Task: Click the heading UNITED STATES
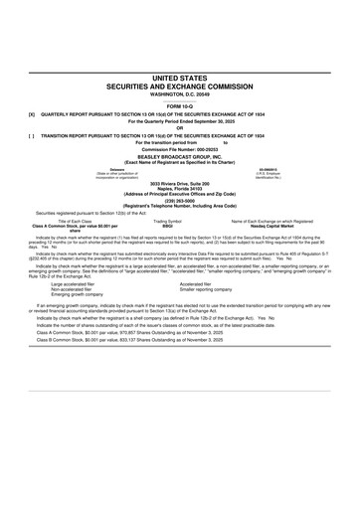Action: point(180,77)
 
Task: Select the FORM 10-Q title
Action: point(180,104)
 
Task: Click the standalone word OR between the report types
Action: point(180,125)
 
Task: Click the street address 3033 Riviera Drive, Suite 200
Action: point(180,184)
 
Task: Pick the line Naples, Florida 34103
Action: point(180,190)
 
